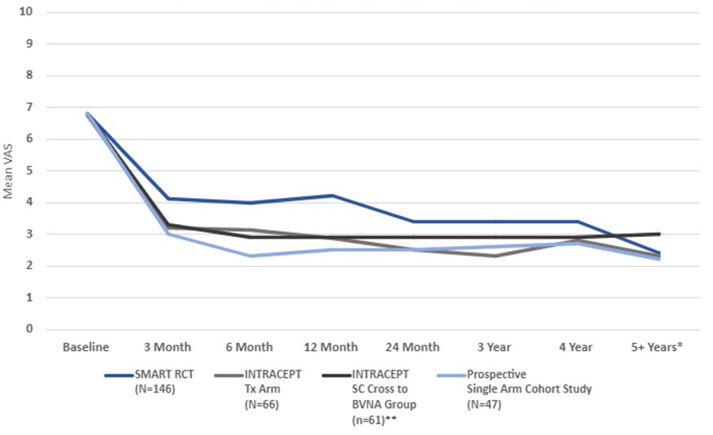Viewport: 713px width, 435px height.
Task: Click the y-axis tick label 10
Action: point(28,12)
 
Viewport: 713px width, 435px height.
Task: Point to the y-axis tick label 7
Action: point(30,108)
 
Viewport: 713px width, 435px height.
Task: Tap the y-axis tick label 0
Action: point(30,330)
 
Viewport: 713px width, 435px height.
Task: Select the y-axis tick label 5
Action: point(30,171)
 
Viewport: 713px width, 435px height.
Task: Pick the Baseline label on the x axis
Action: point(86,347)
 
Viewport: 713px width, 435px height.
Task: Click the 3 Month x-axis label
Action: point(167,347)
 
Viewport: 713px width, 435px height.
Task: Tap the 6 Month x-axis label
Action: point(249,347)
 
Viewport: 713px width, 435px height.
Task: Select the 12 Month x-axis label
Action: point(331,347)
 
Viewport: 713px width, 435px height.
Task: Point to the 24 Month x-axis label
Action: point(412,347)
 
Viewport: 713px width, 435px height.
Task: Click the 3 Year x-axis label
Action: point(495,347)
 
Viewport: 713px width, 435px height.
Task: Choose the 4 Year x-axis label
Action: point(576,347)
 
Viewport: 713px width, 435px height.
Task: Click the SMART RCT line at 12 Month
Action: point(331,196)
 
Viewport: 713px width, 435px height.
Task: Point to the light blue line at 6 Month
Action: point(249,256)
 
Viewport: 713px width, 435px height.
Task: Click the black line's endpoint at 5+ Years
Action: point(658,234)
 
